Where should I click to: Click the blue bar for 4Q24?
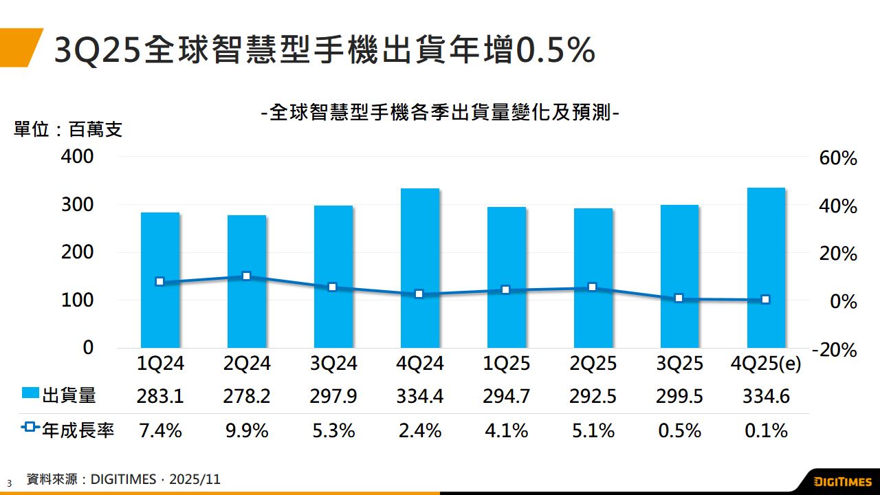(x=420, y=268)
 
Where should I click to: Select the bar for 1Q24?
(x=160, y=280)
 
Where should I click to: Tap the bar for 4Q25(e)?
(x=766, y=267)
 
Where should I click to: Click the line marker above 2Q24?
(x=247, y=276)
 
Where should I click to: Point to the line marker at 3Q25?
(x=679, y=298)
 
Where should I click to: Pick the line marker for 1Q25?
(x=506, y=290)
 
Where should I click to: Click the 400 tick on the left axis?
(x=78, y=157)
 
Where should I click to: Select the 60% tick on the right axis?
(x=837, y=159)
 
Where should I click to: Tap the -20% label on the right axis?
(x=835, y=350)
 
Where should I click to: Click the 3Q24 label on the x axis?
(x=333, y=364)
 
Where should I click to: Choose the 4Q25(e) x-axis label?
(x=766, y=364)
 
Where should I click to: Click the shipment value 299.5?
(x=679, y=396)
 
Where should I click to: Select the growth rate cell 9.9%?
(x=247, y=431)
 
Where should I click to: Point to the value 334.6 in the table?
(x=766, y=396)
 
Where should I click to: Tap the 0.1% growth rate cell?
(x=766, y=431)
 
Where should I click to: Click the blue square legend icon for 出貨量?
(x=30, y=394)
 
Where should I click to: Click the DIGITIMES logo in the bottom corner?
(x=842, y=480)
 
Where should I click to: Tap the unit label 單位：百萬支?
(x=68, y=129)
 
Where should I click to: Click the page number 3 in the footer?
(x=10, y=483)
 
